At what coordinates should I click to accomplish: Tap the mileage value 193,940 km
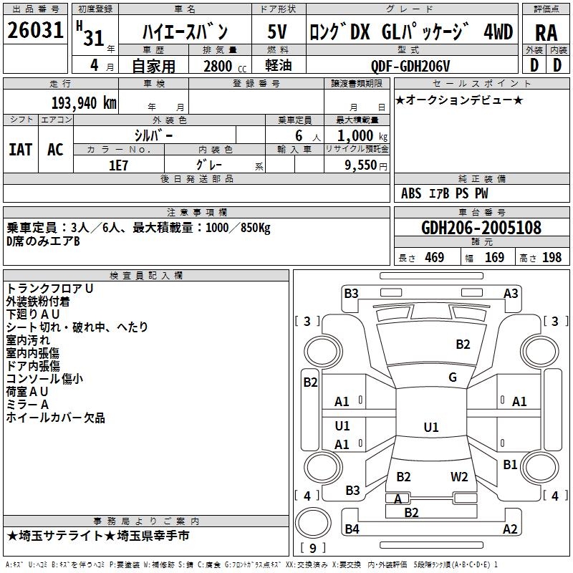point(84,102)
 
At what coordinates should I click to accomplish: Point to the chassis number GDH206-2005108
point(481,228)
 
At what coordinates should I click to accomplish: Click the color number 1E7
point(118,164)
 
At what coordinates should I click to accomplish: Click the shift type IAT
point(20,150)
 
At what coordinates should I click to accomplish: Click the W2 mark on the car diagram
point(459,477)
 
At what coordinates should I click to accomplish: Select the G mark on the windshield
point(453,377)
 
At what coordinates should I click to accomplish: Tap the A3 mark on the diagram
point(511,293)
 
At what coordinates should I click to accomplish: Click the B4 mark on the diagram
point(352,529)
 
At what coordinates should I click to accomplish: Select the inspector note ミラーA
point(28,405)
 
